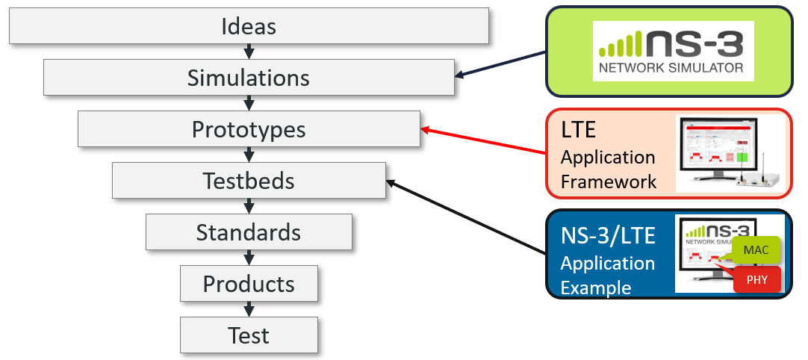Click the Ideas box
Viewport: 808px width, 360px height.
pos(249,26)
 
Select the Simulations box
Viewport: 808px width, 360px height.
pos(249,78)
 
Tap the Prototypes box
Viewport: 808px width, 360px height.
pos(249,129)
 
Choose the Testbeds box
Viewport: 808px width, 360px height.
pos(249,181)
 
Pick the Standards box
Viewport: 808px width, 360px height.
pos(249,232)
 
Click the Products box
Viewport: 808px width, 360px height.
pos(249,284)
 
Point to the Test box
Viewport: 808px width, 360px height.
pos(249,335)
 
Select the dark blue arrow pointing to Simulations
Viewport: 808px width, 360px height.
pos(500,63)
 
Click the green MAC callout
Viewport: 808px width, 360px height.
pos(755,250)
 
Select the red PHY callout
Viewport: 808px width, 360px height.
pos(756,280)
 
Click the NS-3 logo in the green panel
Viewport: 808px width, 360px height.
pos(673,51)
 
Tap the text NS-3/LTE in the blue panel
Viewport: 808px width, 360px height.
pos(608,236)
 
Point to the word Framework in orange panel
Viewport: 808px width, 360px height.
pos(609,181)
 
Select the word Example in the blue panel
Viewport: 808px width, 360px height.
pos(596,288)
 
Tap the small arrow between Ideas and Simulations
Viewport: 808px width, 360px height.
pos(249,52)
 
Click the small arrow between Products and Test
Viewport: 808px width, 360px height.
pos(249,309)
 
